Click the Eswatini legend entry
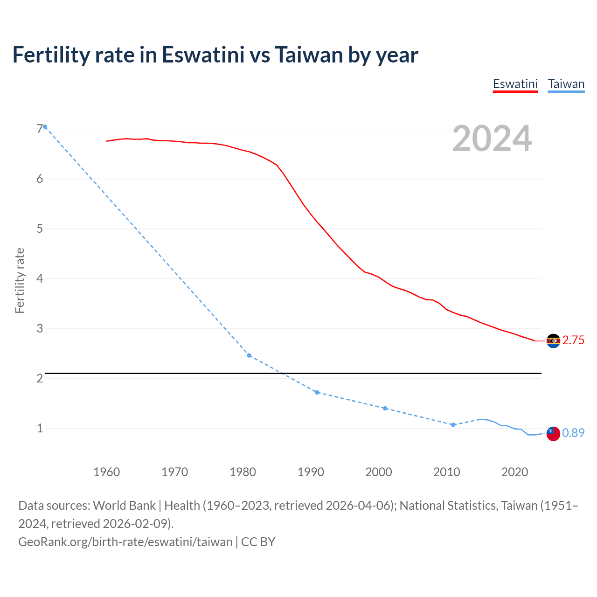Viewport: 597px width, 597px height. coord(515,84)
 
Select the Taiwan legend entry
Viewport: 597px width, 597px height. coord(566,84)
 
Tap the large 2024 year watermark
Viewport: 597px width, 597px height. coord(492,139)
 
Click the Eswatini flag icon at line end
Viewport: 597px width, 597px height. coord(553,341)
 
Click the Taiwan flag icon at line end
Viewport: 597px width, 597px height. coord(553,433)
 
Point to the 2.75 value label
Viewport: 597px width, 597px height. coord(573,340)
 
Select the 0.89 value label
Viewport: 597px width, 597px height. coord(573,433)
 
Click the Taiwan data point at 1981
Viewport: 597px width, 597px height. coord(249,355)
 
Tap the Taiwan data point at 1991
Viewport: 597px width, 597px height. coord(317,392)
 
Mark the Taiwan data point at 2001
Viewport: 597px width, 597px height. coord(385,408)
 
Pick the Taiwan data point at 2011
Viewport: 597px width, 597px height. coord(453,425)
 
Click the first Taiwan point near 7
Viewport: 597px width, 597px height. coord(45,127)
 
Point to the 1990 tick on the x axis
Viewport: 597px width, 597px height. coord(311,472)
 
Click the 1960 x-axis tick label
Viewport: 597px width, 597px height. coord(107,472)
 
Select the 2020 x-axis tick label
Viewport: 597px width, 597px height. coord(514,472)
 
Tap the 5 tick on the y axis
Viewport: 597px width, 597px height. coord(40,229)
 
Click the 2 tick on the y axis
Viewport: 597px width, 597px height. coord(40,378)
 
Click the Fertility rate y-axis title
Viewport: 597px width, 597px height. coord(20,280)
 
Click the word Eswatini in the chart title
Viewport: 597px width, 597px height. coord(203,55)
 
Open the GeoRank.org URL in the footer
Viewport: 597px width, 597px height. coord(125,542)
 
